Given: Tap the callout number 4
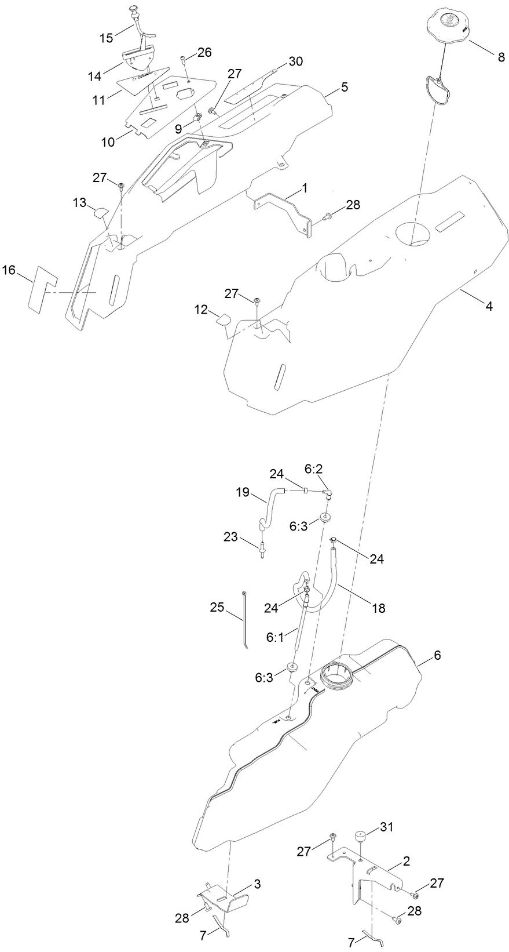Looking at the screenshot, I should pos(489,306).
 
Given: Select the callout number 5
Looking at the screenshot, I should pos(345,88).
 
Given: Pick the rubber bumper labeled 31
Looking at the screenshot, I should pos(362,837).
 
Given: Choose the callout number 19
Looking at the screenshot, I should pos(242,493).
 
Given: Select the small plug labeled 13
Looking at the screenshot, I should pos(99,212).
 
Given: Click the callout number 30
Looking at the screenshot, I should pos(295,61).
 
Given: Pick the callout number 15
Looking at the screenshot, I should pos(107,38).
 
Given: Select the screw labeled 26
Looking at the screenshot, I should pos(184,59).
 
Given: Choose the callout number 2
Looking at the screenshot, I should pos(406,862).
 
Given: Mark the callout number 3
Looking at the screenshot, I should pos(257,884).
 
